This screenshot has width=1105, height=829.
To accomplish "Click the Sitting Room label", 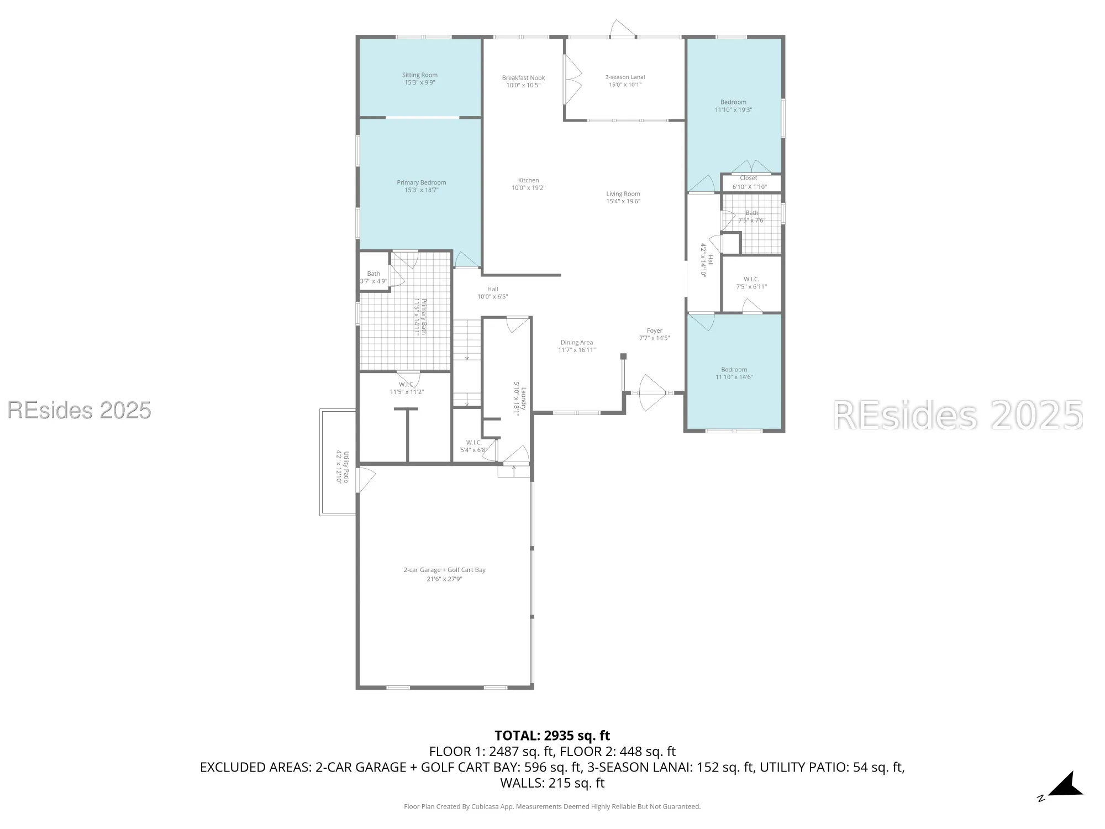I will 419,75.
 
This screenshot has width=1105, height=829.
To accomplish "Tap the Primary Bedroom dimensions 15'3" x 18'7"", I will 421,190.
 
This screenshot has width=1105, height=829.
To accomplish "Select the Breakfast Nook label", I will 523,78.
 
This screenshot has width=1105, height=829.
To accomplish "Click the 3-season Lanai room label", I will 625,77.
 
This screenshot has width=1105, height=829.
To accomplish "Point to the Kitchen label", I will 528,180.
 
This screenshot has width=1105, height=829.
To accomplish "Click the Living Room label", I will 623,194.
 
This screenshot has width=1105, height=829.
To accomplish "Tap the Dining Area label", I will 576,343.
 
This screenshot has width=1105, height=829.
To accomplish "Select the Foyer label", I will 654,330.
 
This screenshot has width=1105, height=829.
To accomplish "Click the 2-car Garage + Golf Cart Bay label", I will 444,570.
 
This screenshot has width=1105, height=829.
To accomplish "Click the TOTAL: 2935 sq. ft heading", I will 552,736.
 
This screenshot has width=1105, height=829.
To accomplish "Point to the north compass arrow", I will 1066,785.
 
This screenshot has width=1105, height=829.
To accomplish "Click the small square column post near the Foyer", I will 623,356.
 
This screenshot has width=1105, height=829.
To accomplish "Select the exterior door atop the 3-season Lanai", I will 622,29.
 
